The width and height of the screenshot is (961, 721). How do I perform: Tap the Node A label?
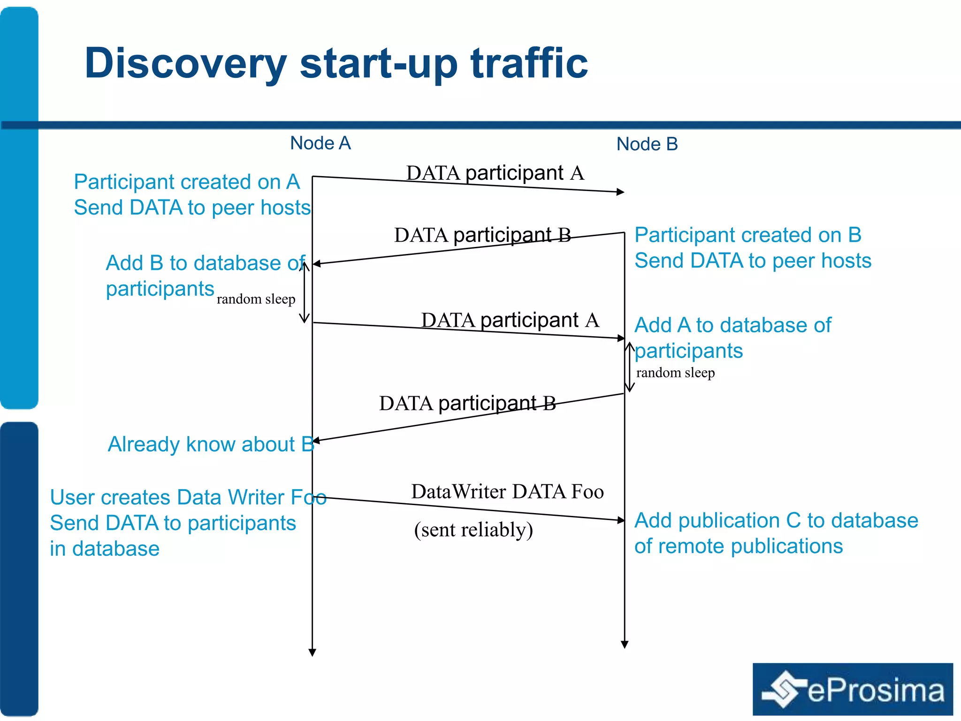pos(320,143)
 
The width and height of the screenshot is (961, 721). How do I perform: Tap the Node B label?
pos(647,144)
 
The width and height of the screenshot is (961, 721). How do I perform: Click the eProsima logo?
pos(852,689)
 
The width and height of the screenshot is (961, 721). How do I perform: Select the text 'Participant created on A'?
pos(187,182)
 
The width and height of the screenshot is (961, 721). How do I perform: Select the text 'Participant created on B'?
pos(748,235)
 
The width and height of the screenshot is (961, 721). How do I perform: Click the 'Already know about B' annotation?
pos(211,444)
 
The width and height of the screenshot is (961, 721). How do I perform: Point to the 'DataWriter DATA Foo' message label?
pos(507,491)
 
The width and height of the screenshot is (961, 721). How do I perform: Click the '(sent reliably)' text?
pos(473,529)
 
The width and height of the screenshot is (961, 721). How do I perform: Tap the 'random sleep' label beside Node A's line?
pos(256,299)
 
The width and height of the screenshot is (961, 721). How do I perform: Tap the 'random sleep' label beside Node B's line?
pos(675,373)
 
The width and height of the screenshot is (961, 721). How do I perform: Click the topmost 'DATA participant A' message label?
pos(495,173)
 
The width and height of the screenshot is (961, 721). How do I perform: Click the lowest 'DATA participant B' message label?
pos(467,403)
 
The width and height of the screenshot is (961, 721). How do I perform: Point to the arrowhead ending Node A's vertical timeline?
pos(312,652)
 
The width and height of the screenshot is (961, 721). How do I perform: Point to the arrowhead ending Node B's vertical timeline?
pos(625,644)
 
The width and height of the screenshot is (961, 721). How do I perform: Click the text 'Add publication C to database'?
pos(776,521)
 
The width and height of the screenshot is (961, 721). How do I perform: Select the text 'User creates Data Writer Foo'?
pos(188,497)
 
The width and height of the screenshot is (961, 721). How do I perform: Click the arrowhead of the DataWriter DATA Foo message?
pos(621,520)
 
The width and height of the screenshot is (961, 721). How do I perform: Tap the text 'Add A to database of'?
pos(732,325)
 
